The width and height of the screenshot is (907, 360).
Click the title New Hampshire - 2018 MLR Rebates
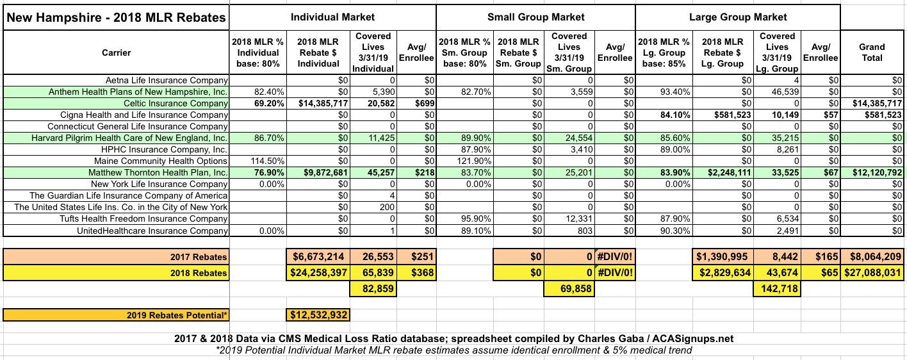[115, 17]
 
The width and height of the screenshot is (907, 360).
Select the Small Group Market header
[535, 17]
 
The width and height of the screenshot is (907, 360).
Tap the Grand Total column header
[872, 53]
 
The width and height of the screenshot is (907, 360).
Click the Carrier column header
[116, 53]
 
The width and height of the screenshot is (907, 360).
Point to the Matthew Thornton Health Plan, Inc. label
[158, 173]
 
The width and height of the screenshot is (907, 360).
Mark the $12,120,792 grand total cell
[872, 173]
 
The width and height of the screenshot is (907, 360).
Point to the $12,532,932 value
[318, 315]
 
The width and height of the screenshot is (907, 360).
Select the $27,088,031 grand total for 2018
[872, 273]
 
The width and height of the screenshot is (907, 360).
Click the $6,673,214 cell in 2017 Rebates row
[318, 257]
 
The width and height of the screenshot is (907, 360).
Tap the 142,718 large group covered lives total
[777, 289]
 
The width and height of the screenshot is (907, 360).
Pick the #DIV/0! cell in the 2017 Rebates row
[615, 257]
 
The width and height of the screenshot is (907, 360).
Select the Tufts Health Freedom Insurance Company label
[151, 219]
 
